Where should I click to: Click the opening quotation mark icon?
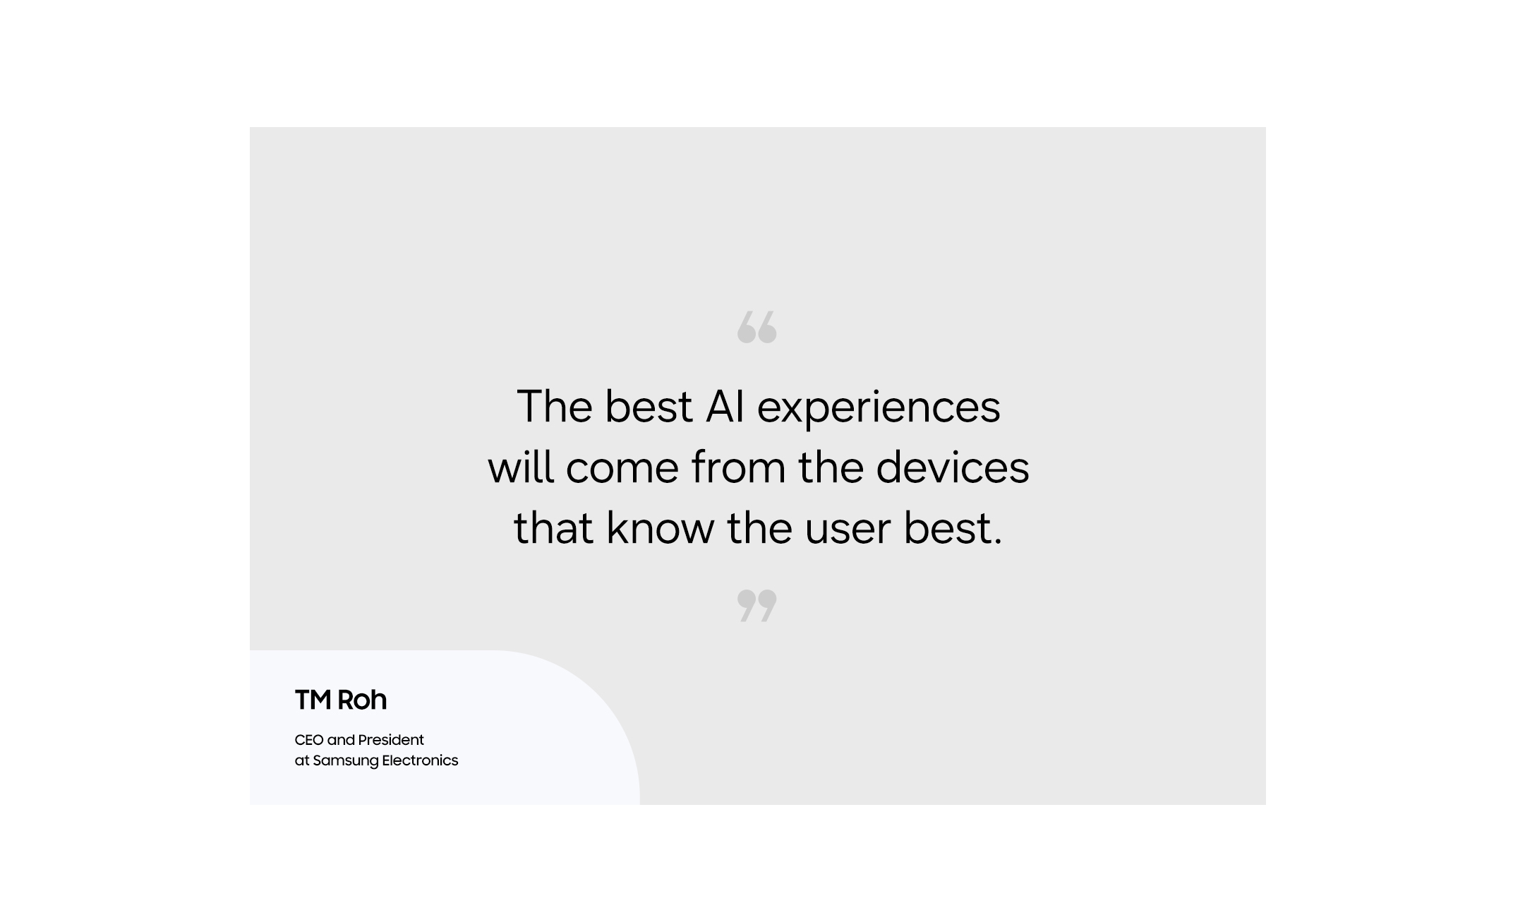click(757, 327)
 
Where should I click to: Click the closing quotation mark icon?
click(757, 606)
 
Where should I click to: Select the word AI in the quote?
click(725, 407)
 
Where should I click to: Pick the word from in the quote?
click(738, 467)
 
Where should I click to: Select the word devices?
click(953, 467)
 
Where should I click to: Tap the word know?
click(661, 527)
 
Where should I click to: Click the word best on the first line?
click(649, 407)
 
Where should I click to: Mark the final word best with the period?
click(953, 527)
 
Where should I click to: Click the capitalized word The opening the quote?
click(555, 407)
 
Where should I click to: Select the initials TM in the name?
click(313, 700)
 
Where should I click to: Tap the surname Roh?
click(362, 700)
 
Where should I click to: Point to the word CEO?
click(309, 740)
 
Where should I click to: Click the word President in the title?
click(391, 740)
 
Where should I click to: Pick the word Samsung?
click(346, 761)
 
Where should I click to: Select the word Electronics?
click(420, 760)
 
